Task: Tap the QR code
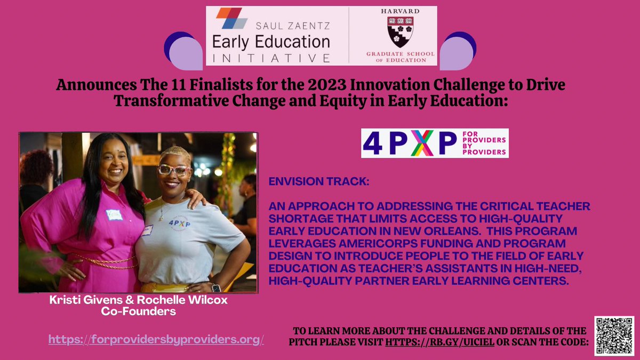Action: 614,336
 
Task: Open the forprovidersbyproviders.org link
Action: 156,339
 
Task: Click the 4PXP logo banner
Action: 435,143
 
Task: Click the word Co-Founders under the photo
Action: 138,311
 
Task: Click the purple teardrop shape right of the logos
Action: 457,51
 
